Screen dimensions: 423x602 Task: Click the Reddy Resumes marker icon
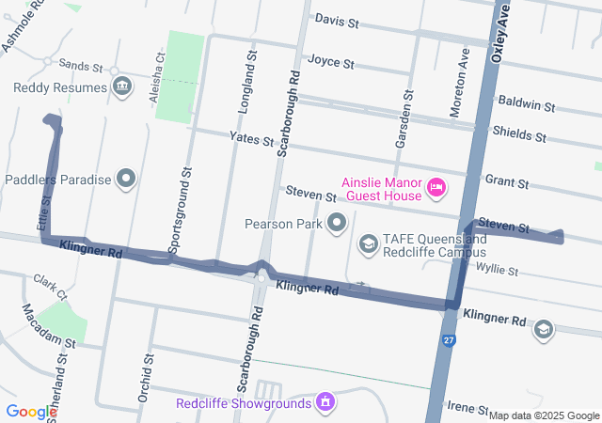pos(121,87)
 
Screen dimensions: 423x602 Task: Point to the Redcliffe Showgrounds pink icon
pos(325,403)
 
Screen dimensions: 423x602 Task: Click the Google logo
pos(31,412)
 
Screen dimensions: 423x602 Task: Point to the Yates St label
pos(250,138)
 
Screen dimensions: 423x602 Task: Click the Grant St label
pos(504,179)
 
